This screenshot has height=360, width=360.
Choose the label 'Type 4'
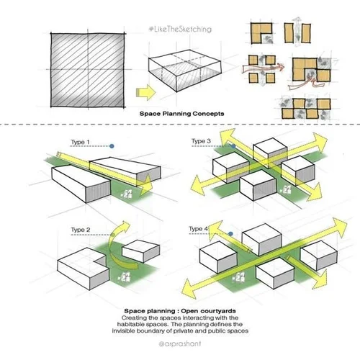(x=199, y=229)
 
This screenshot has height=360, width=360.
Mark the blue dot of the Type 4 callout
(x=229, y=234)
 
